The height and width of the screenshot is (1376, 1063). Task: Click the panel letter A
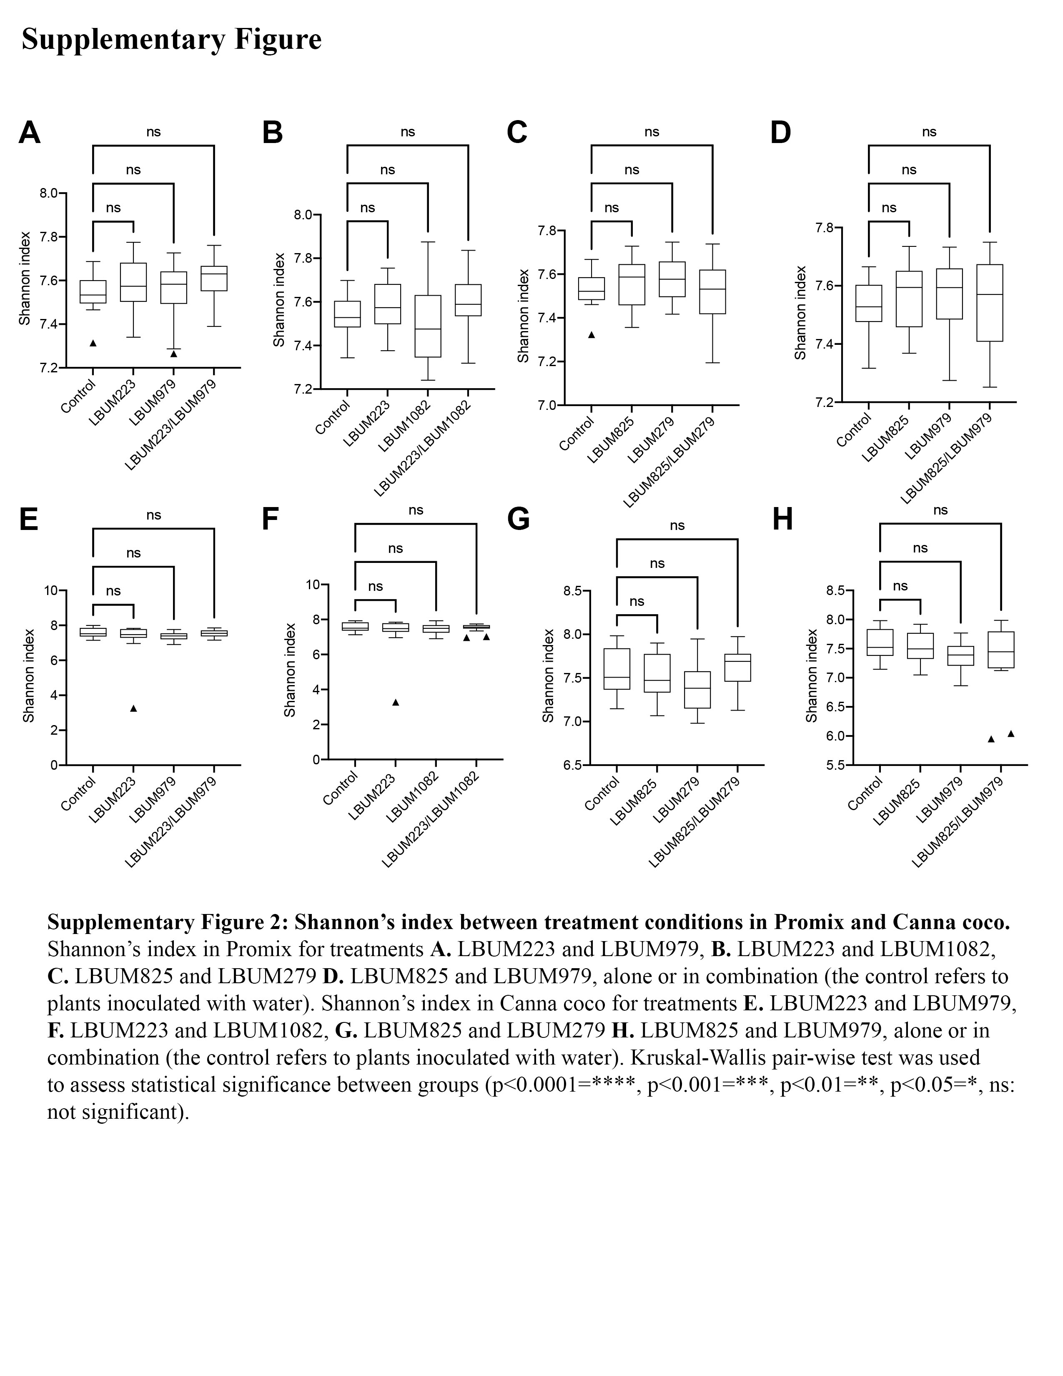point(30,133)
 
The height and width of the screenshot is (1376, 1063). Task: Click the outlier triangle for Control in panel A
point(93,343)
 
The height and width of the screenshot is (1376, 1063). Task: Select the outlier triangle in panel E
point(133,708)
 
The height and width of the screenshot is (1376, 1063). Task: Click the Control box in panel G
point(617,669)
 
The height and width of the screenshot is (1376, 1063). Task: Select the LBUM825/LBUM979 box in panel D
point(990,303)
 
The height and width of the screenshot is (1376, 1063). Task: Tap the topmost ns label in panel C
point(652,132)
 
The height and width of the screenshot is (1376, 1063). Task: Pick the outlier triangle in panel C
point(592,334)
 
